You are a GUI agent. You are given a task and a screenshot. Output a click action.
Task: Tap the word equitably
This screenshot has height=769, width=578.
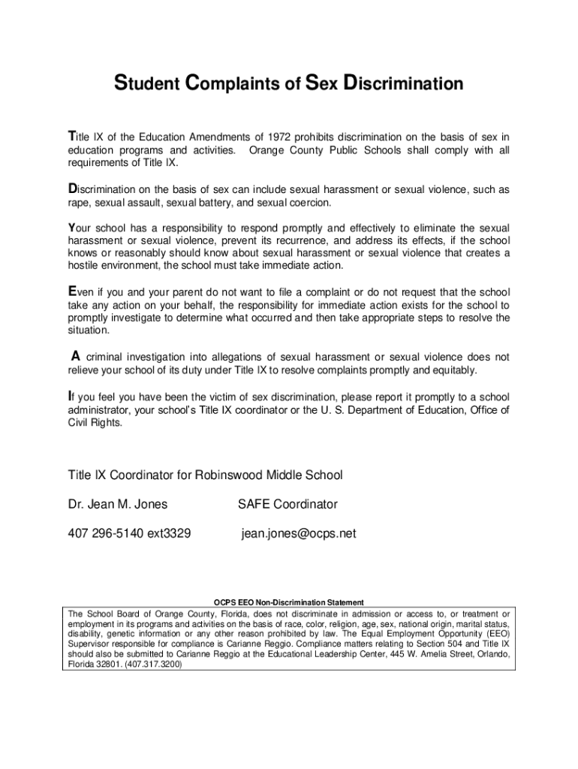pyautogui.click(x=453, y=370)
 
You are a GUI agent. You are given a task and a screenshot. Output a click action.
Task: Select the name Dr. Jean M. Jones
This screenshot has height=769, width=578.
pyautogui.click(x=118, y=504)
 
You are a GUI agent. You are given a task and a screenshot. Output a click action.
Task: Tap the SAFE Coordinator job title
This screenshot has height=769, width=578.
pyautogui.click(x=287, y=504)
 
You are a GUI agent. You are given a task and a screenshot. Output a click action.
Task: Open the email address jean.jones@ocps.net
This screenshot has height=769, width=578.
pyautogui.click(x=299, y=534)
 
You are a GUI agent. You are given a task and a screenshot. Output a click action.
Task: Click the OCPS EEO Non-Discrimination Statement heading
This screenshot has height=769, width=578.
pyautogui.click(x=289, y=602)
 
